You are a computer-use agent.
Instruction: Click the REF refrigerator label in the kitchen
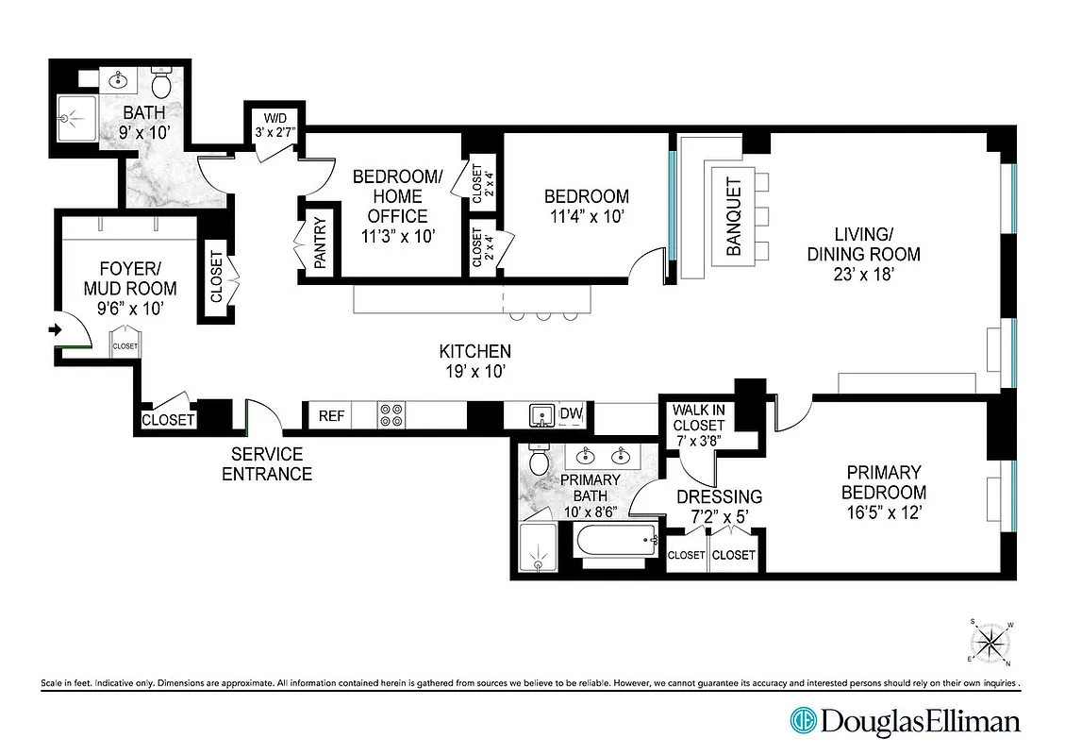pyautogui.click(x=331, y=415)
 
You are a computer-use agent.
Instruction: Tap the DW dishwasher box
pyautogui.click(x=570, y=413)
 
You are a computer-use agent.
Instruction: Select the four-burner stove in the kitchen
pyautogui.click(x=391, y=415)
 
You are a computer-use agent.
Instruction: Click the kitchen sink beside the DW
pyautogui.click(x=540, y=414)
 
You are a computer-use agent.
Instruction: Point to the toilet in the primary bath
pyautogui.click(x=540, y=461)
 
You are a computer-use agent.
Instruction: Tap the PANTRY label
pyautogui.click(x=320, y=244)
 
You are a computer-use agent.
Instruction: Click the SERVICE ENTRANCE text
pyautogui.click(x=267, y=463)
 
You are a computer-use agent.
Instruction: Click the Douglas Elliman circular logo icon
pyautogui.click(x=803, y=722)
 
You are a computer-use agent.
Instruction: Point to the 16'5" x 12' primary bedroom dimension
pyautogui.click(x=883, y=514)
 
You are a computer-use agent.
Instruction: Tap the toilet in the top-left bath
pyautogui.click(x=161, y=85)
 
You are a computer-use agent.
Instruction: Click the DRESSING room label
pyautogui.click(x=719, y=496)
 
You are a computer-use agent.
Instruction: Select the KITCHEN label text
pyautogui.click(x=475, y=351)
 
